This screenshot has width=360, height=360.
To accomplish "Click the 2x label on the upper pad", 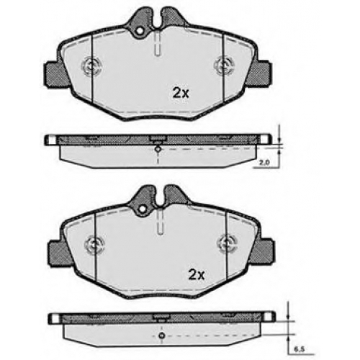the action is click(x=181, y=94).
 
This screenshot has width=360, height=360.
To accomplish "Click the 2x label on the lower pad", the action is click(x=196, y=275).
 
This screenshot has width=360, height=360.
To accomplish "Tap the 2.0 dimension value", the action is click(x=264, y=162).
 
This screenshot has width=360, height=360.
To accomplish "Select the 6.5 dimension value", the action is click(x=299, y=349).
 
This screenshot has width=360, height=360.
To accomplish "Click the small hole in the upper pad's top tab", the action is click(x=140, y=31).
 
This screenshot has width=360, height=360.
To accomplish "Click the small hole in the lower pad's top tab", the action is click(x=143, y=209).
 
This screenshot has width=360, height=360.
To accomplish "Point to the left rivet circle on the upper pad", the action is click(x=91, y=66).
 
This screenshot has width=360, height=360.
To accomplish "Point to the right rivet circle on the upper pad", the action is click(x=225, y=65).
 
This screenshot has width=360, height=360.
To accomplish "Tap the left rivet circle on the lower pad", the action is click(x=94, y=244).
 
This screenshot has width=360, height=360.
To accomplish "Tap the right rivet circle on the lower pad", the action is click(x=227, y=243).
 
